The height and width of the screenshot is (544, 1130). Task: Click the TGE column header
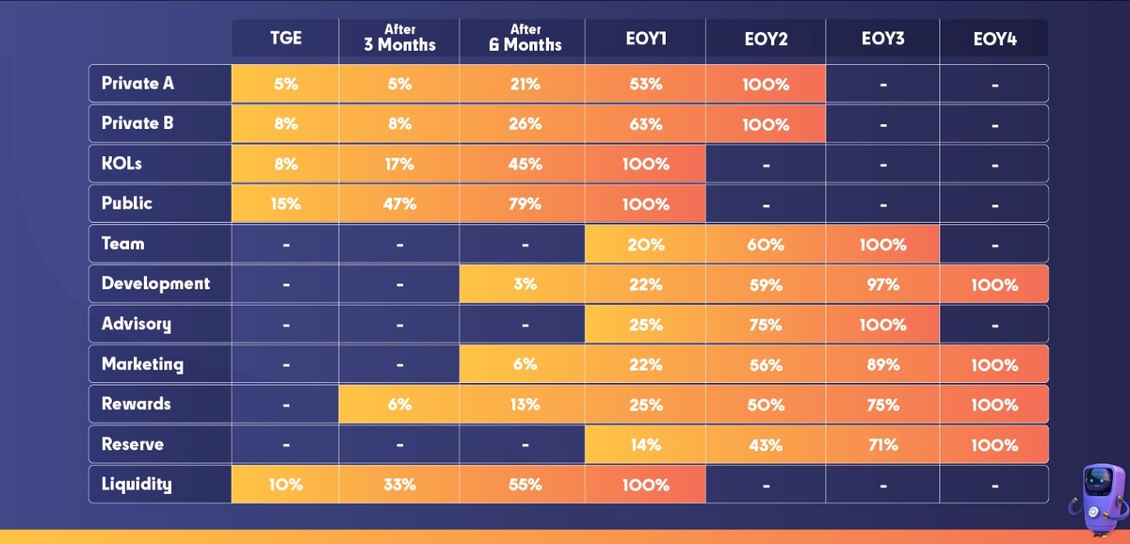[x=285, y=40]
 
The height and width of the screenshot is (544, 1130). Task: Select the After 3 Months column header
[x=399, y=38]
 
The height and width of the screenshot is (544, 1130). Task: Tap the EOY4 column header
[x=994, y=40]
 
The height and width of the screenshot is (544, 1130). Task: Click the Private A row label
[x=138, y=84]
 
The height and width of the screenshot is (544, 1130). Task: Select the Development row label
[x=155, y=283]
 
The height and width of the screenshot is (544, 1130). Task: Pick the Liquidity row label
[x=137, y=485]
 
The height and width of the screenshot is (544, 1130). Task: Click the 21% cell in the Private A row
[x=525, y=84]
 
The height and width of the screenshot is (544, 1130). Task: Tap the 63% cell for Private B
[x=645, y=124]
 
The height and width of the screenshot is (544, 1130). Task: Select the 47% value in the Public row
[x=399, y=204]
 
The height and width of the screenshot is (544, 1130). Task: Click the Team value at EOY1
[x=645, y=245]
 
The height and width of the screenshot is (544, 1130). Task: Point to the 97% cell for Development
[x=882, y=284]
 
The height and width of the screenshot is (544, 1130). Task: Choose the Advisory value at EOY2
[x=765, y=325]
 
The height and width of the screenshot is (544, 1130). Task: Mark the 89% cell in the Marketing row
[x=882, y=365]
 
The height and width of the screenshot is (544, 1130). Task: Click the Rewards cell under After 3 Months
[x=399, y=405]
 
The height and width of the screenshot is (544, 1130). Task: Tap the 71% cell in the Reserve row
[x=882, y=445]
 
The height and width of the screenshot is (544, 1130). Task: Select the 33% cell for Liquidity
[x=399, y=486]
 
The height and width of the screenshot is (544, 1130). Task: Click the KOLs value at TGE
[x=285, y=164]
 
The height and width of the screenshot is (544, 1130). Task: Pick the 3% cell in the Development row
[x=525, y=284]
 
